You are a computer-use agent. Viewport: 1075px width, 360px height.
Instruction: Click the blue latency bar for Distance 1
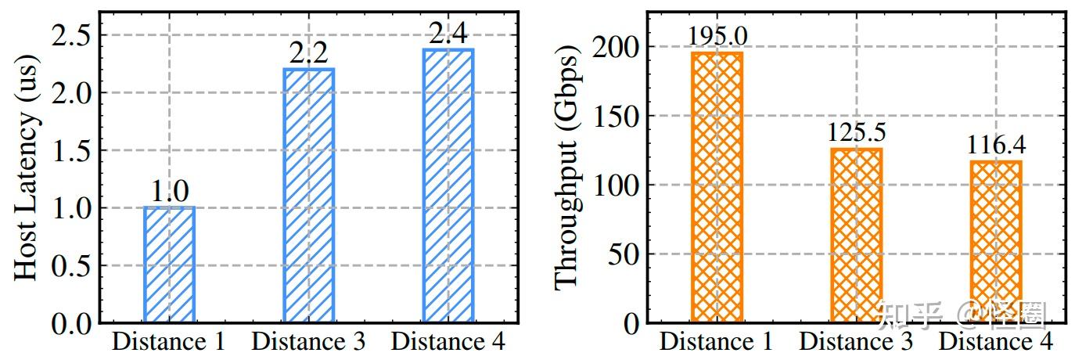coord(169,265)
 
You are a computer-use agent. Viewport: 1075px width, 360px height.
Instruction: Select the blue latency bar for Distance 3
coord(308,196)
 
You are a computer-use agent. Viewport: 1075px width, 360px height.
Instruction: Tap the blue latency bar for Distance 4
coord(448,185)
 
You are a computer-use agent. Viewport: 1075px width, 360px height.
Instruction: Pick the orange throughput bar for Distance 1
coord(717,188)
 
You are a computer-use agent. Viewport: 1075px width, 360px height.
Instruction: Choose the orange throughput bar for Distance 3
coord(856,236)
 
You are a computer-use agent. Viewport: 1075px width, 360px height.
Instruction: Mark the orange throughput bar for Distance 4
coord(995,242)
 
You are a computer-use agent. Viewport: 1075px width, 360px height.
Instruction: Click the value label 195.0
coord(717,36)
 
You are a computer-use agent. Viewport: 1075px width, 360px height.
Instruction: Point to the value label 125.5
coord(856,133)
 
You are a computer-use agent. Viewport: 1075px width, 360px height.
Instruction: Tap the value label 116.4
coord(995,146)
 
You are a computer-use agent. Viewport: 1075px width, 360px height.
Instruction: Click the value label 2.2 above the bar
coord(308,53)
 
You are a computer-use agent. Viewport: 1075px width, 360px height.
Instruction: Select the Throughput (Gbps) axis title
coord(567,169)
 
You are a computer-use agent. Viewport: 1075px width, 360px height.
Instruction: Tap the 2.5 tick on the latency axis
coord(72,35)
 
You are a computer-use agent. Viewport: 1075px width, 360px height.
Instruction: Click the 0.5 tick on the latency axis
coord(72,265)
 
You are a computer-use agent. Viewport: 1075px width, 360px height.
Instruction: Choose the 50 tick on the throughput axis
coord(624,254)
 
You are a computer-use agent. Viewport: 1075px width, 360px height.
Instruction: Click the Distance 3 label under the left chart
coord(308,342)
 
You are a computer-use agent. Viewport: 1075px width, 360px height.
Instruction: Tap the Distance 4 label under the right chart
coord(995,342)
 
